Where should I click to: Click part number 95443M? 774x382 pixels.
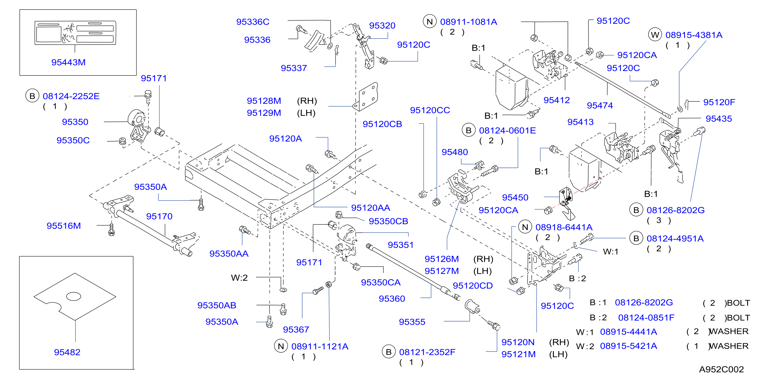click(x=69, y=62)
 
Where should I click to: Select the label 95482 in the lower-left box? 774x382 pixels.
click(x=67, y=352)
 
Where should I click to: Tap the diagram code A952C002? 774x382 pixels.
click(x=721, y=369)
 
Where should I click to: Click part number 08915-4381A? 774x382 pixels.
click(x=694, y=35)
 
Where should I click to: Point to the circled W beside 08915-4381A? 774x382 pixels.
click(x=655, y=35)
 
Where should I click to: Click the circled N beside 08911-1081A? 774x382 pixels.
click(x=430, y=22)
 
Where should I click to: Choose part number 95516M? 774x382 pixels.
click(x=64, y=226)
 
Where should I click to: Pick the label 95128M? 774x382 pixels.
click(x=264, y=101)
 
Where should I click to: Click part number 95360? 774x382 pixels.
click(x=392, y=299)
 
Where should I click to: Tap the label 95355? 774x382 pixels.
click(x=412, y=322)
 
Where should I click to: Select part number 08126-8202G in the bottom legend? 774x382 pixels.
click(x=644, y=302)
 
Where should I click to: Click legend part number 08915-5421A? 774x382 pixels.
click(x=629, y=346)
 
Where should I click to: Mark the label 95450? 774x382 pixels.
click(x=515, y=198)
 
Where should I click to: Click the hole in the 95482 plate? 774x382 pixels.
click(x=74, y=297)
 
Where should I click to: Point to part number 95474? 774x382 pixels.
click(x=600, y=106)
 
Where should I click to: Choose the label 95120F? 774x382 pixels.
click(x=719, y=102)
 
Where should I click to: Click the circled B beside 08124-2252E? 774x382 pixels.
click(x=32, y=96)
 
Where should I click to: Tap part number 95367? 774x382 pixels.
click(x=296, y=330)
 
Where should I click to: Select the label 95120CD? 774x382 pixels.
click(x=473, y=286)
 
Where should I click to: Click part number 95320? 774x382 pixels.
click(x=382, y=26)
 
